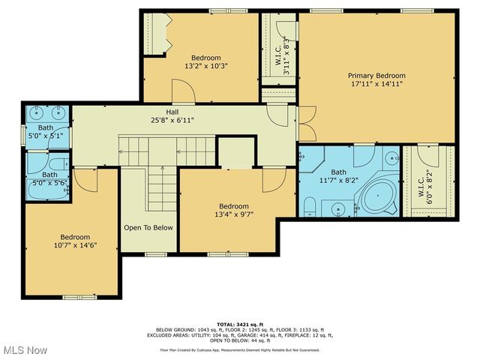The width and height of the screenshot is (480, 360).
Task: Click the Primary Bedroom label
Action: click(376, 76)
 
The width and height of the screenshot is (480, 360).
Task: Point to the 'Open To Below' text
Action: click(148, 227)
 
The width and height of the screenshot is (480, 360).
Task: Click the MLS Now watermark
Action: click(25, 350)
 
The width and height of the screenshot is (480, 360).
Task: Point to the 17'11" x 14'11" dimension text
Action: click(376, 84)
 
